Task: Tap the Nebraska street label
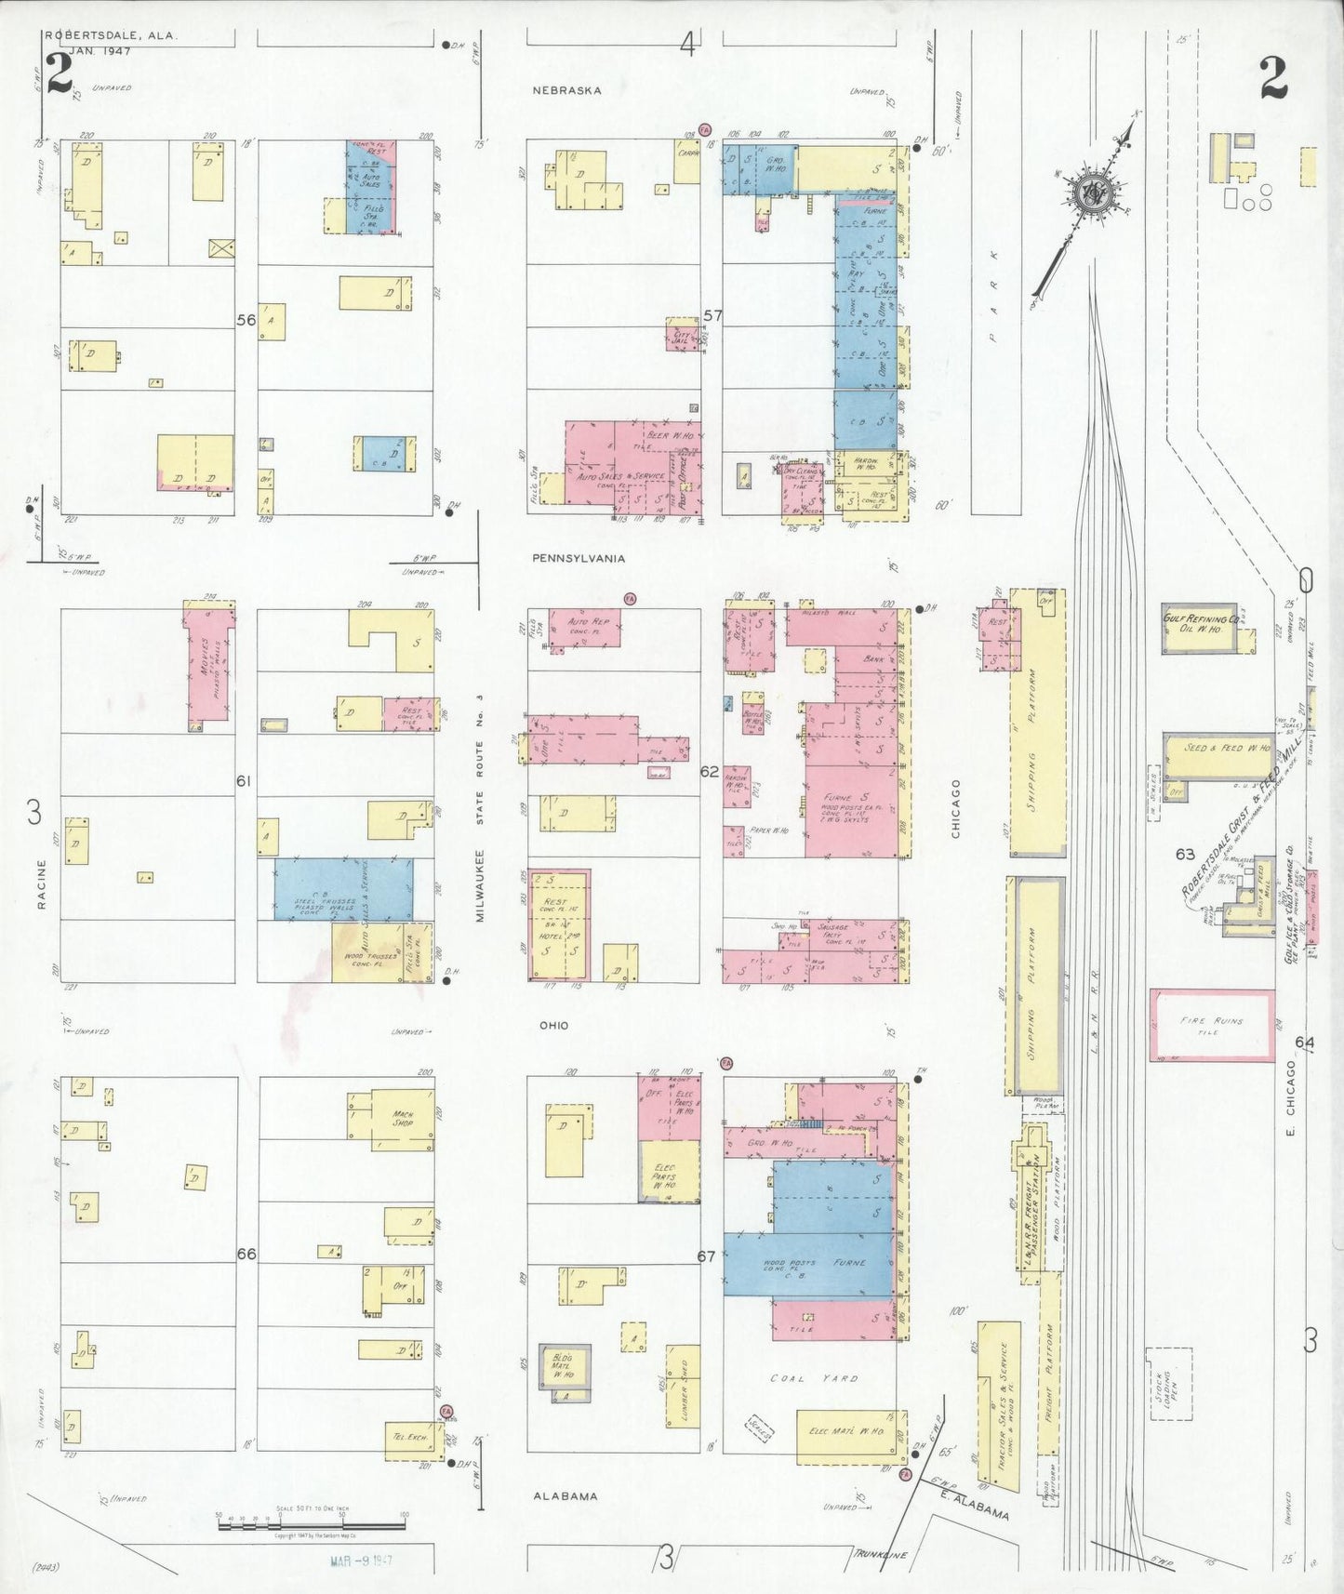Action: tap(566, 90)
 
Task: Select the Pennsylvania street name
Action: tap(578, 559)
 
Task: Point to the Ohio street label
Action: tap(553, 1026)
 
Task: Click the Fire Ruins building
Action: tap(1212, 1025)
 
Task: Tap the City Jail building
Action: tap(682, 335)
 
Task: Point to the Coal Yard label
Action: tap(814, 1377)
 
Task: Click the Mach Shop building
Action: tap(402, 1117)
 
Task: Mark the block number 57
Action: tap(712, 316)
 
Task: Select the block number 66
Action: tap(246, 1254)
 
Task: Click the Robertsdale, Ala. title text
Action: tap(110, 36)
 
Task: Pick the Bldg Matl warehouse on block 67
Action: tap(565, 1372)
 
